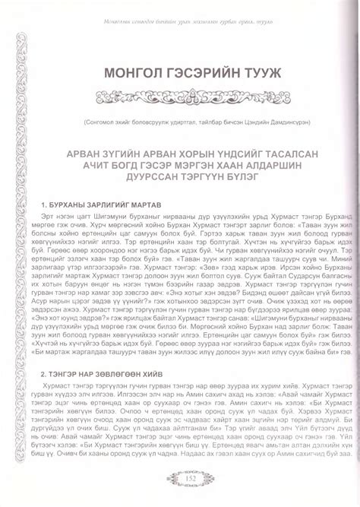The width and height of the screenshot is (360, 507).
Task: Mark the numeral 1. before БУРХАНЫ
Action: (50, 204)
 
